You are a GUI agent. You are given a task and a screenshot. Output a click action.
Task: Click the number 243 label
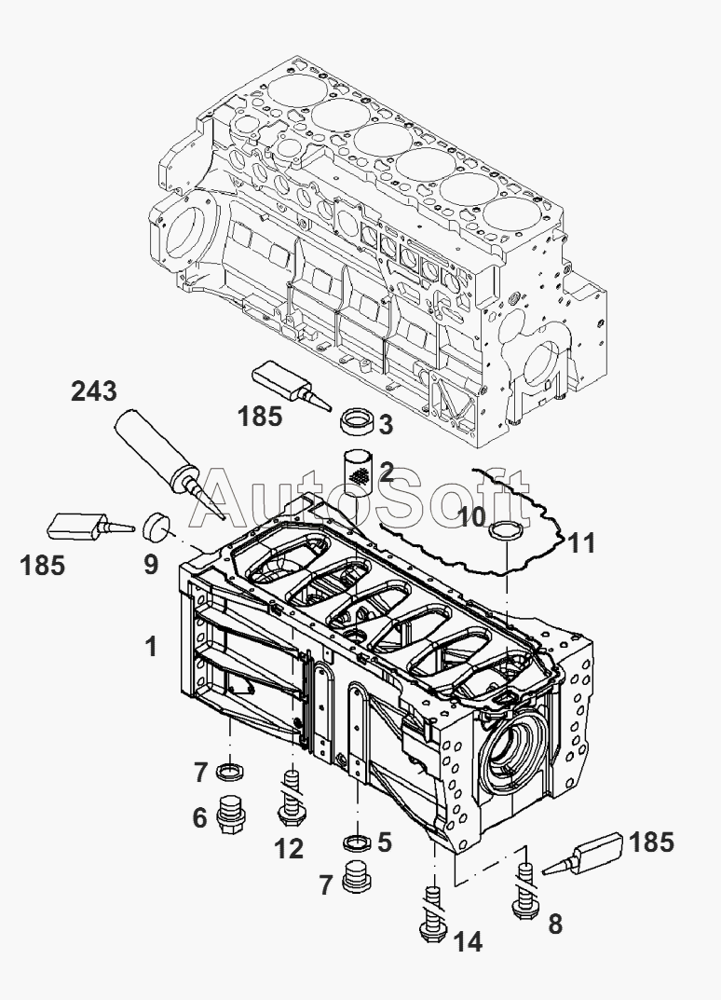[93, 391]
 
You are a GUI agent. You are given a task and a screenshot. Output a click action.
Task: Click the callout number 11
[581, 542]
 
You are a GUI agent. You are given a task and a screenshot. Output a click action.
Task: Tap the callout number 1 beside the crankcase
[151, 647]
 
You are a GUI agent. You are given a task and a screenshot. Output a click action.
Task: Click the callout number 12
[289, 848]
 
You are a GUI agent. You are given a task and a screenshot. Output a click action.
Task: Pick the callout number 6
[199, 817]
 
